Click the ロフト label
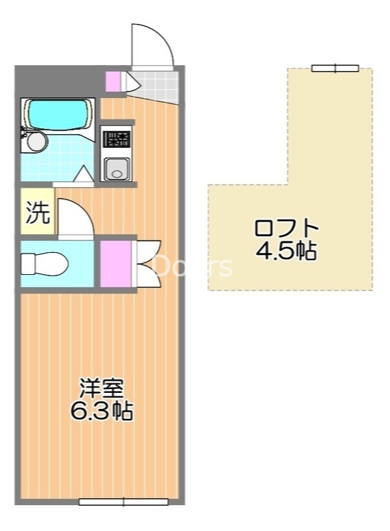point(286,228)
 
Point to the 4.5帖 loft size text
point(286,252)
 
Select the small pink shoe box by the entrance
point(114,81)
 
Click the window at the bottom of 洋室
point(124,502)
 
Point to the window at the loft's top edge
point(335,68)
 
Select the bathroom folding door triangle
point(84,175)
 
